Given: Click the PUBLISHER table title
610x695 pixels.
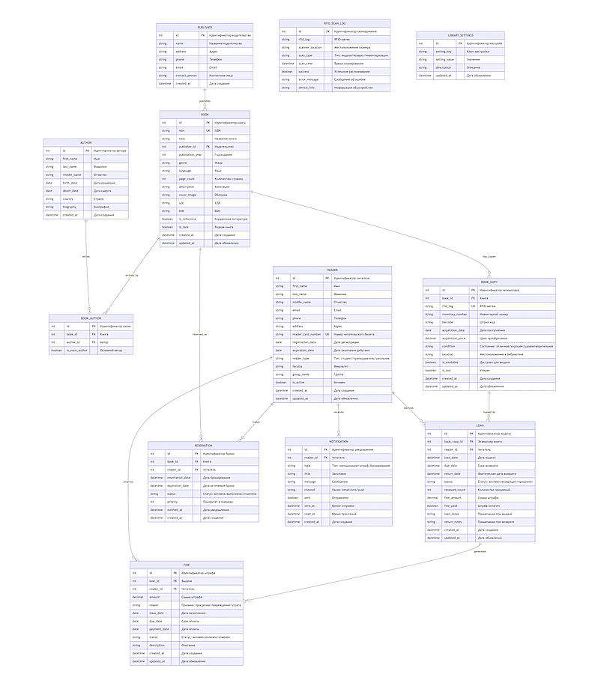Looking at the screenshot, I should coord(205,27).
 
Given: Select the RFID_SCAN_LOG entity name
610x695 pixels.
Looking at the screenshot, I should coord(334,23).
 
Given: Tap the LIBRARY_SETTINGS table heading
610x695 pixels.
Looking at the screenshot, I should coord(460,35).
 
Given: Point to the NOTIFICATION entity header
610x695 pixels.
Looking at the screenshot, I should coord(338,441).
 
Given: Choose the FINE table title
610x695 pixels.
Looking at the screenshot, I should coord(187,565).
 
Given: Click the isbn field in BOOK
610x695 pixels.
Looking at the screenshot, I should coord(182,130).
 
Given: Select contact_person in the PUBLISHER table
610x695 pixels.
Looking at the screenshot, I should coord(186,76).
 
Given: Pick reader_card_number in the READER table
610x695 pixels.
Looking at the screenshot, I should coord(306,334).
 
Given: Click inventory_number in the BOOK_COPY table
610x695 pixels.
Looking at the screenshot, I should coord(454,314).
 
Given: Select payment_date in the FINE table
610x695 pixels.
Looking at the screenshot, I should coord(156,629).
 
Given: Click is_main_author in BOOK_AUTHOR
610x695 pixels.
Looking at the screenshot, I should coord(77,350).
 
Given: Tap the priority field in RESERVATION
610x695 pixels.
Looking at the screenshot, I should coord(172,502).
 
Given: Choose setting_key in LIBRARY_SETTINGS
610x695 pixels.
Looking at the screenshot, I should coord(444,52).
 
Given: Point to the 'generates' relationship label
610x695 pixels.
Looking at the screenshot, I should coord(480,551).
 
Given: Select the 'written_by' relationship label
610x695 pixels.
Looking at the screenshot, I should coord(131,276).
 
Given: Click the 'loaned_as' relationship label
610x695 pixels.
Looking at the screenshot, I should coord(489,412).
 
